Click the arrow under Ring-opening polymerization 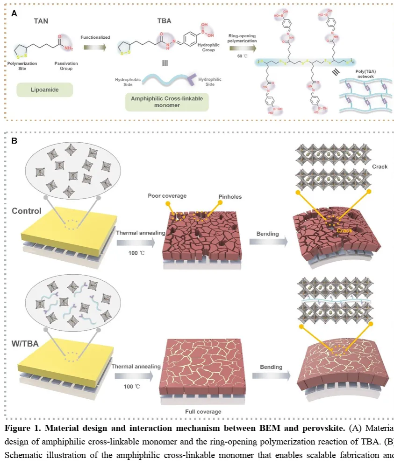click(x=242, y=48)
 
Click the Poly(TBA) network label click(x=364, y=75)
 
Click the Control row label click(x=27, y=211)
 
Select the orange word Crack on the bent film click(x=344, y=230)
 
